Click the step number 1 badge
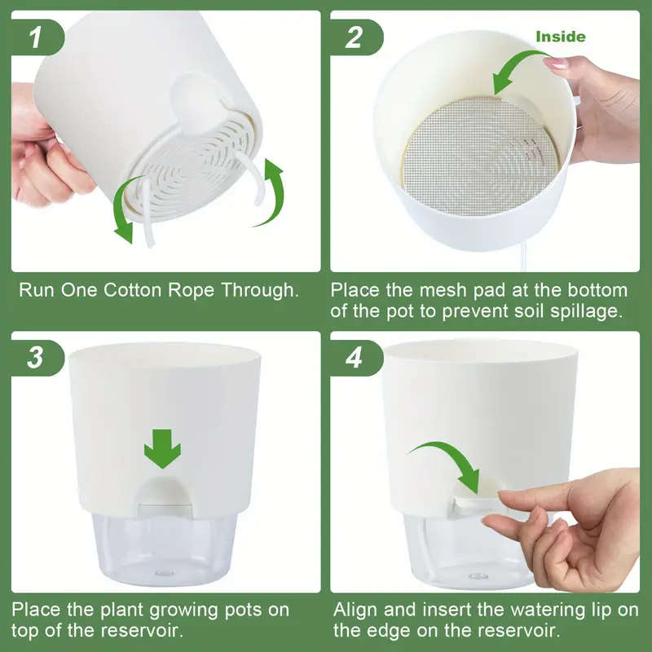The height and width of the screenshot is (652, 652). (x=36, y=37)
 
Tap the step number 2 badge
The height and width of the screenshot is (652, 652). (x=355, y=37)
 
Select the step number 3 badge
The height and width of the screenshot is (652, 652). (x=36, y=357)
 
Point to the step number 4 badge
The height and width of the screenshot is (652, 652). (x=355, y=357)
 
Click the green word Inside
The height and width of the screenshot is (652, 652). (x=560, y=37)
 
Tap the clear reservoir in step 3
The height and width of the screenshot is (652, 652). (x=162, y=550)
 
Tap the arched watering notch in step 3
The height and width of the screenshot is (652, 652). (x=162, y=493)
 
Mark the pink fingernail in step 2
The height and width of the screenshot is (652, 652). (x=557, y=63)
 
